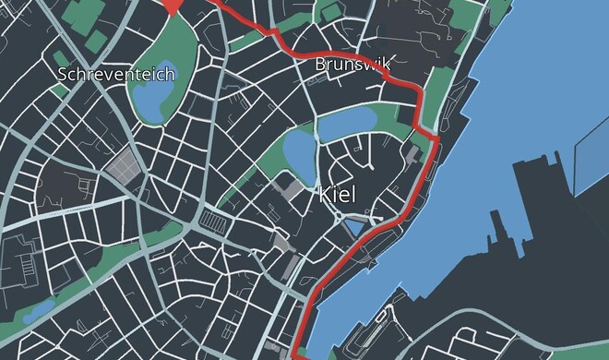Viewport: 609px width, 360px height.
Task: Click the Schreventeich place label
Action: pos(115,74)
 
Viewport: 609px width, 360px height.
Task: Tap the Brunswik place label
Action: pos(353,64)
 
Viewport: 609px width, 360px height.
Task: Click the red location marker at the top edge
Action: pos(173,6)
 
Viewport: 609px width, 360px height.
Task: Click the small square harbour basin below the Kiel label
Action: pos(355,226)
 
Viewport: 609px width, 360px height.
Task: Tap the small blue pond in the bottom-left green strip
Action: pos(37,311)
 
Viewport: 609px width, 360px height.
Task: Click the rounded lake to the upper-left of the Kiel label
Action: pos(298,150)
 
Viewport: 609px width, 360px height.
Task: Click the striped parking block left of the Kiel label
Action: pos(214,222)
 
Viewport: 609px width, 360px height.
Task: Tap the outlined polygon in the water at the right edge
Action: pos(591,152)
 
